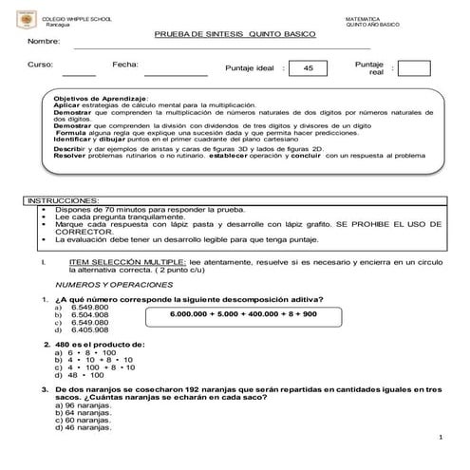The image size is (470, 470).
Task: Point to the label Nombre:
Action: [x=44, y=43]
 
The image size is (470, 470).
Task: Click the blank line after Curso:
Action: [x=79, y=73]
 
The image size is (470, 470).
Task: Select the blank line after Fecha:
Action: [x=176, y=73]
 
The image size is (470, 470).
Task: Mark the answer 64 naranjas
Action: [x=89, y=412]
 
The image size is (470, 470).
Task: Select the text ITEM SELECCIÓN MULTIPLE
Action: [x=128, y=258]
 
